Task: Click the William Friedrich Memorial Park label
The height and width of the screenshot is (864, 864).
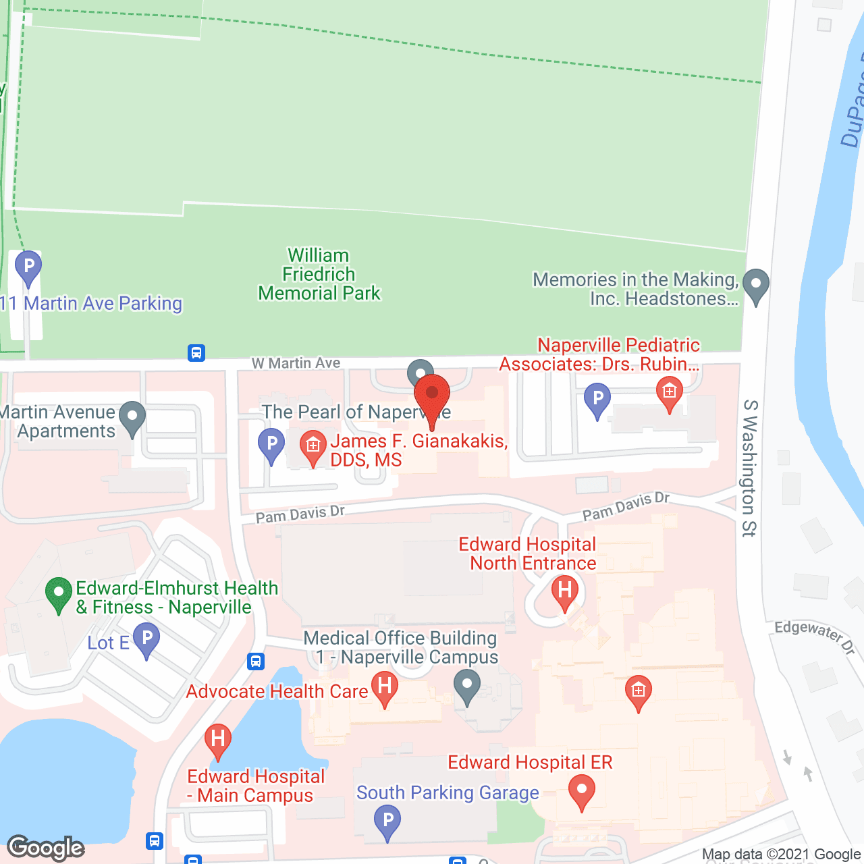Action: (319, 275)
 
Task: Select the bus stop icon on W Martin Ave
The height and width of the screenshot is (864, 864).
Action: (196, 353)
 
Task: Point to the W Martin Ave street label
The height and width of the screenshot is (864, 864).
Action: (296, 363)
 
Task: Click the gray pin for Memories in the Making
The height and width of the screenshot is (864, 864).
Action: (755, 286)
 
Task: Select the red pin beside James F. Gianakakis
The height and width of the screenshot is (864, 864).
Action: (313, 447)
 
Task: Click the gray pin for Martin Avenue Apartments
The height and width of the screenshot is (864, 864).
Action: (132, 418)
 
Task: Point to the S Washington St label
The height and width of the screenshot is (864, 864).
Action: (750, 468)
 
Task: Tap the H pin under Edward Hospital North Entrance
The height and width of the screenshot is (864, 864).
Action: (565, 593)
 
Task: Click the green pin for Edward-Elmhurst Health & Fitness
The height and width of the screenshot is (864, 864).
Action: (59, 595)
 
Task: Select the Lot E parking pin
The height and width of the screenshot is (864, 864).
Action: (146, 639)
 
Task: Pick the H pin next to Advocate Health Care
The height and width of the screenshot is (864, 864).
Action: (385, 688)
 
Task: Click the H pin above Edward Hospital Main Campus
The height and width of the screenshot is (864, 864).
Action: (218, 739)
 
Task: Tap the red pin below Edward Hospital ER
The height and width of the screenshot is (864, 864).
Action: (581, 791)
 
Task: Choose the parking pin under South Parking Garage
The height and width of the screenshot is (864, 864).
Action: (387, 823)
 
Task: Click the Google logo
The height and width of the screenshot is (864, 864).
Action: (46, 848)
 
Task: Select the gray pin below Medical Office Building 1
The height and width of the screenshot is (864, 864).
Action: (466, 686)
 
